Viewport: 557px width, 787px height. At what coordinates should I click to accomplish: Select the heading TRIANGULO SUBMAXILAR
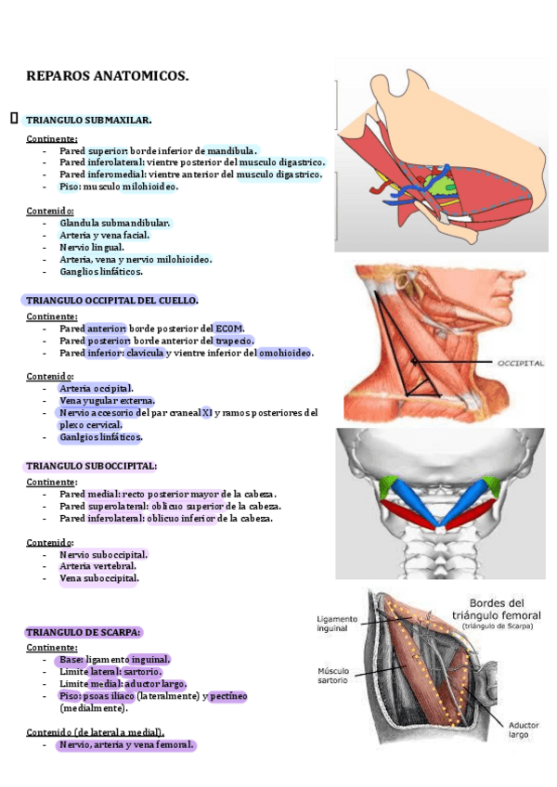88,121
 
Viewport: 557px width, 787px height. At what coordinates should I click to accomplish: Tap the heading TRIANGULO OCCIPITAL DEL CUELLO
111,301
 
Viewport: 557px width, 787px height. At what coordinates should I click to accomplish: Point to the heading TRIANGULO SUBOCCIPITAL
91,466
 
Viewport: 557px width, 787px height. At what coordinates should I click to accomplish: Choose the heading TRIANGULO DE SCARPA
84,632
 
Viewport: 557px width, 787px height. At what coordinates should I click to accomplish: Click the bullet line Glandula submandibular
115,224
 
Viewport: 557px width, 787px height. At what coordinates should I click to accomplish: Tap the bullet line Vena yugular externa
107,401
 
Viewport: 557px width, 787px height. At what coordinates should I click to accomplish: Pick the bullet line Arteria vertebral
97,566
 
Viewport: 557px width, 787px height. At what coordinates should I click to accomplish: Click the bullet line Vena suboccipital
98,579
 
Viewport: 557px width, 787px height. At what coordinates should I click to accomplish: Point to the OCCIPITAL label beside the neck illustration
508,363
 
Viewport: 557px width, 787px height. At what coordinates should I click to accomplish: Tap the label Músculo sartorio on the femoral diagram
332,676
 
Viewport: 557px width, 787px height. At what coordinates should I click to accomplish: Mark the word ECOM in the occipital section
228,329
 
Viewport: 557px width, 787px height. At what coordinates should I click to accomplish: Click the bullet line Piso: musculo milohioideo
119,187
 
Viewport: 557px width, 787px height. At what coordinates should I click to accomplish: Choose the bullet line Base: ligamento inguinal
115,659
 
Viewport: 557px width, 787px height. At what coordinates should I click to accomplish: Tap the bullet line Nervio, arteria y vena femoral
126,745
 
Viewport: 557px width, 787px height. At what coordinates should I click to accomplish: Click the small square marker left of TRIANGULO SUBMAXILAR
14,119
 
